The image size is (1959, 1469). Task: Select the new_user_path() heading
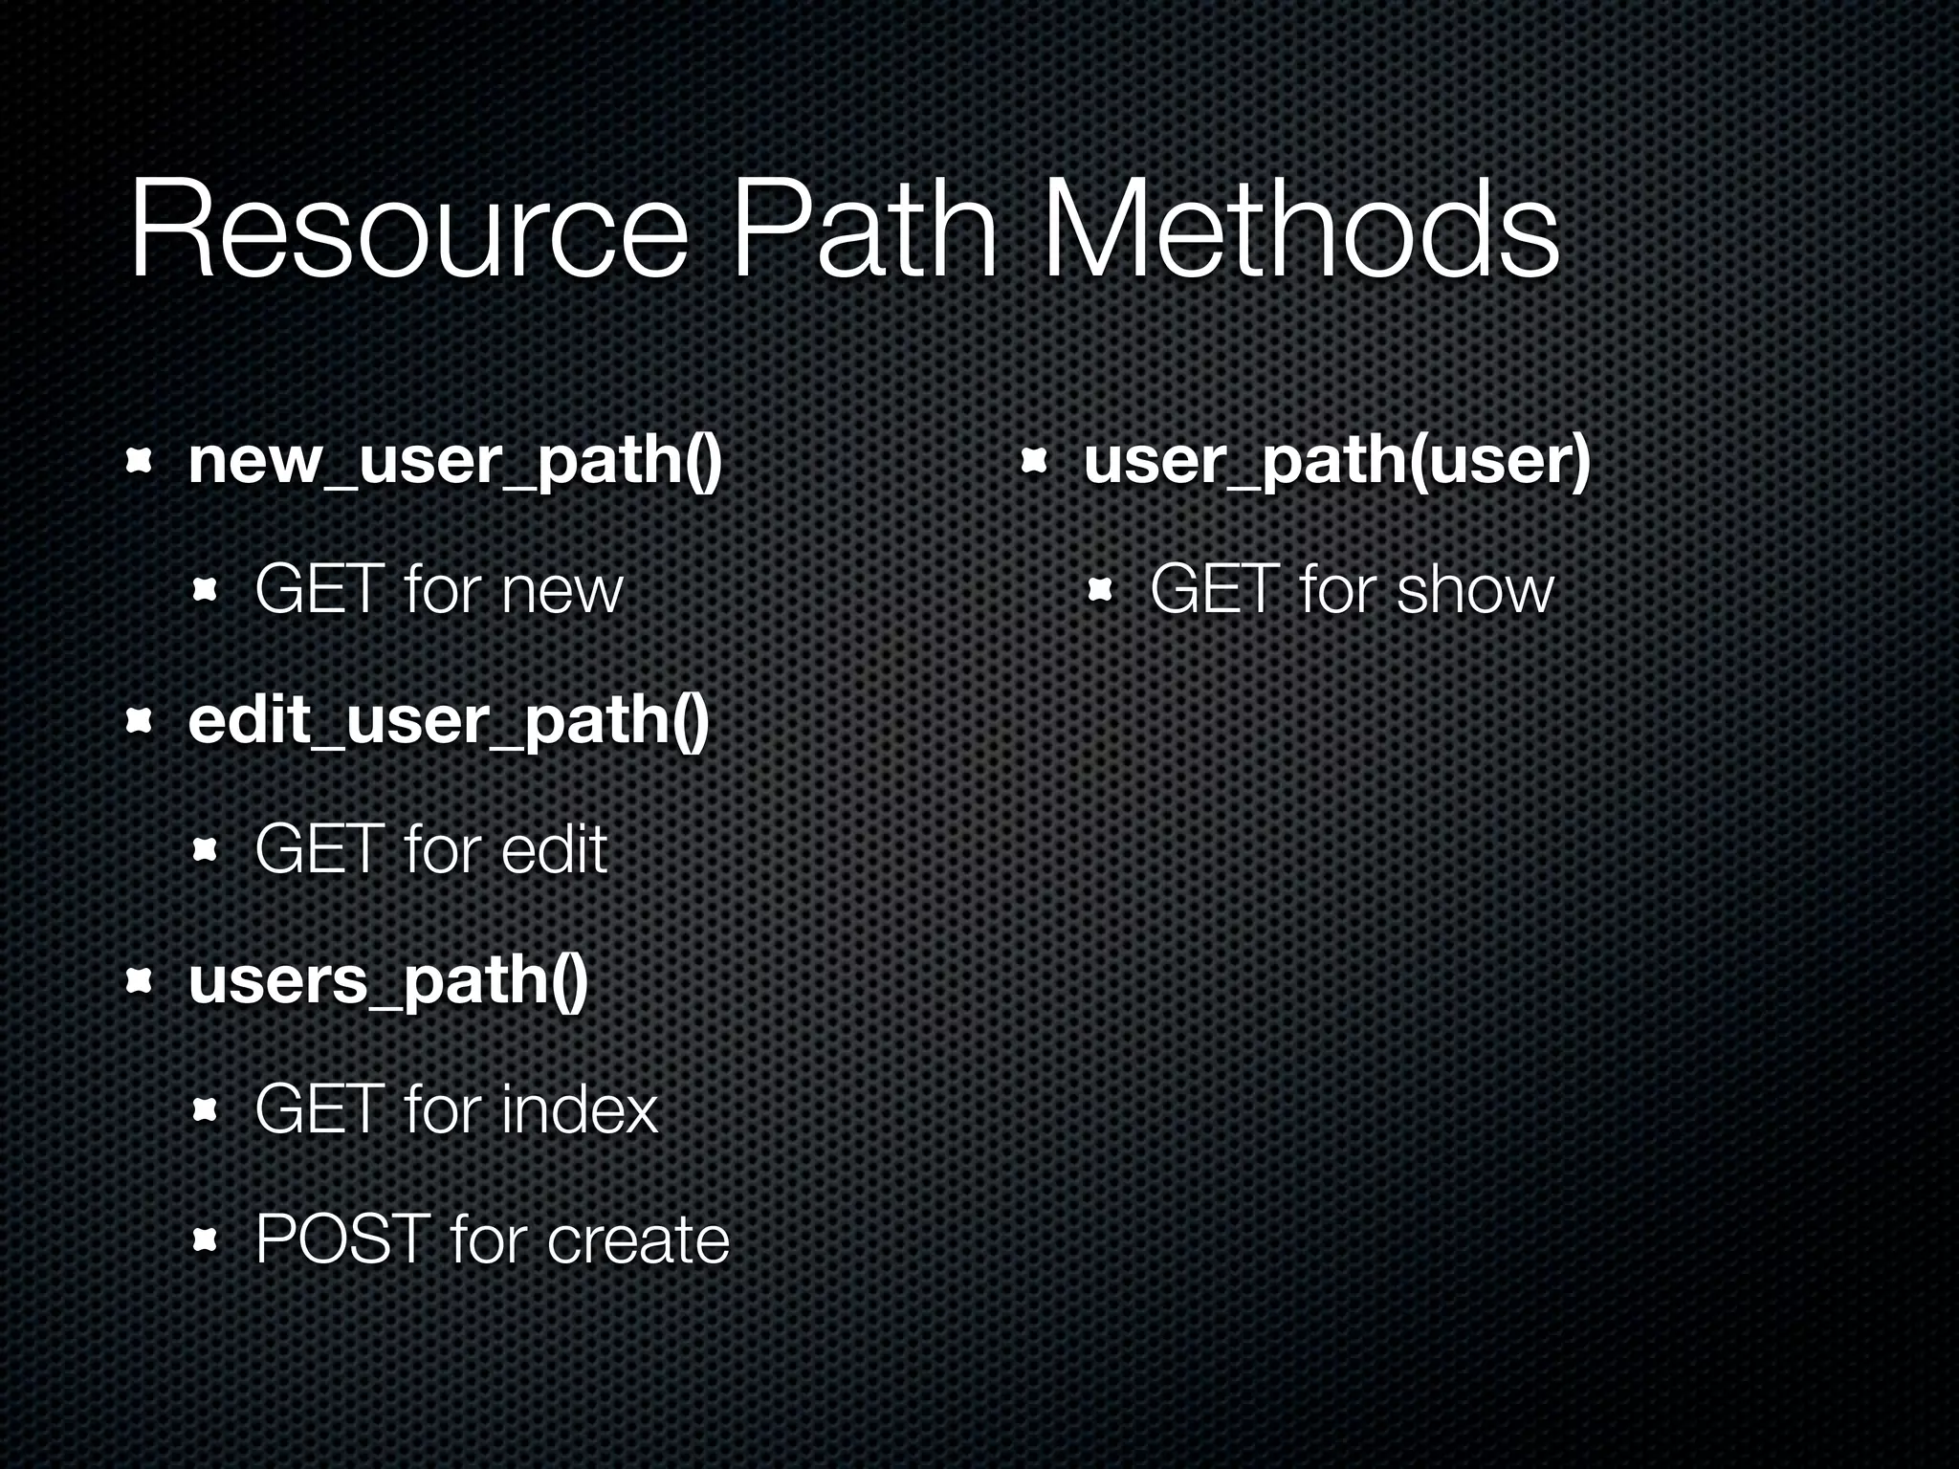pyautogui.click(x=455, y=462)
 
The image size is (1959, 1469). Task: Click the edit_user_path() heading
pyautogui.click(x=449, y=722)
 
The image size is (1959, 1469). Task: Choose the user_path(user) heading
pyautogui.click(x=1336, y=462)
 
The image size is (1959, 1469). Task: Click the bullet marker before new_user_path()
pyautogui.click(x=141, y=463)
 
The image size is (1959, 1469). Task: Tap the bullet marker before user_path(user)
pyautogui.click(x=1035, y=463)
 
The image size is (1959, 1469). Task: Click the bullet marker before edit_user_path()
pyautogui.click(x=141, y=723)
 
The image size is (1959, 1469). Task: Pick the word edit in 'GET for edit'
pyautogui.click(x=554, y=850)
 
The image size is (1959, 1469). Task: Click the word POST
pyautogui.click(x=342, y=1240)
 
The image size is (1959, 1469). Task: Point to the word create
pyautogui.click(x=638, y=1240)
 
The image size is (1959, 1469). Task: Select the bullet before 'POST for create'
pyautogui.click(x=204, y=1241)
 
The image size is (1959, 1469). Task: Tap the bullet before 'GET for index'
pyautogui.click(x=204, y=1111)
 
